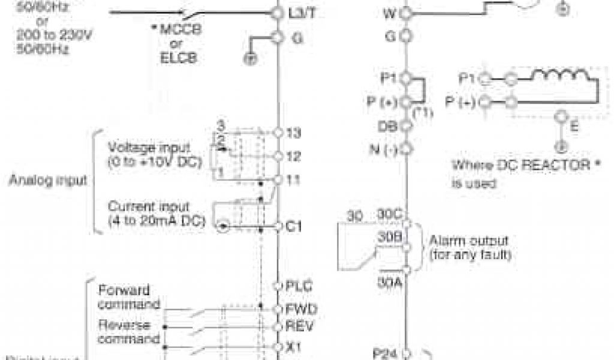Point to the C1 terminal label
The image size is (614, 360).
pyautogui.click(x=295, y=227)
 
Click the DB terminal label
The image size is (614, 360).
pyautogui.click(x=386, y=127)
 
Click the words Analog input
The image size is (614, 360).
pyautogui.click(x=49, y=179)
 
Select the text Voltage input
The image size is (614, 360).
pyautogui.click(x=149, y=147)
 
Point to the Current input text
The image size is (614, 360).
pyautogui.click(x=149, y=206)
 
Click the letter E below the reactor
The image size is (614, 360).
pyautogui.click(x=574, y=126)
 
